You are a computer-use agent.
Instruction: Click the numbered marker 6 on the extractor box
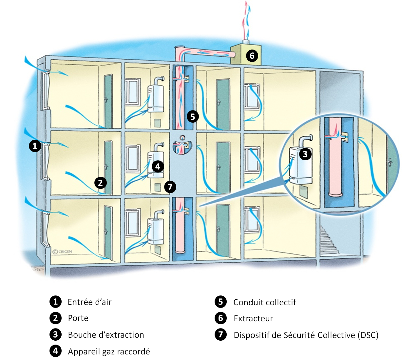tap(252, 56)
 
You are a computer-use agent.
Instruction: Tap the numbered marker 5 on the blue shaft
tap(192, 116)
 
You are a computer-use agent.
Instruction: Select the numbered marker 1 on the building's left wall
tap(35, 146)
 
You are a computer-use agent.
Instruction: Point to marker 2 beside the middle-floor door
tap(101, 183)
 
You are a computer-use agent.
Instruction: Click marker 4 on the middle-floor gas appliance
tap(158, 166)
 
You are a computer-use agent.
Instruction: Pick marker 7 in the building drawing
tap(170, 187)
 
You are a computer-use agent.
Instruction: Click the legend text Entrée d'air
tap(89, 302)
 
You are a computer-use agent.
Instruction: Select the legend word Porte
tap(78, 318)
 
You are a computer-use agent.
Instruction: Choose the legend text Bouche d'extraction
tap(106, 335)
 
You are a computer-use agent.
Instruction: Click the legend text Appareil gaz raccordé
tap(109, 351)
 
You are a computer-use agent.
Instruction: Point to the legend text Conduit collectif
tap(264, 302)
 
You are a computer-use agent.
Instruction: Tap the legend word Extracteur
tap(253, 318)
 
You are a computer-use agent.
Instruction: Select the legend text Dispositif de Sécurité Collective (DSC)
tap(306, 335)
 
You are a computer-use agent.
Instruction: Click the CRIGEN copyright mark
tap(63, 251)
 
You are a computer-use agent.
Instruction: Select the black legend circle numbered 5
tap(220, 302)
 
